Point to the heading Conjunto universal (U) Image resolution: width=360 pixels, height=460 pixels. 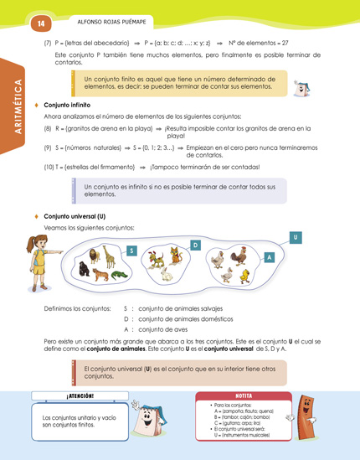[x=75, y=216]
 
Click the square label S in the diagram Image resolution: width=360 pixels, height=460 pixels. [x=131, y=251]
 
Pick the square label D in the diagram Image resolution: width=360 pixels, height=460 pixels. [x=194, y=245]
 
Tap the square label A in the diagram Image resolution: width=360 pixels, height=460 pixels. [x=269, y=257]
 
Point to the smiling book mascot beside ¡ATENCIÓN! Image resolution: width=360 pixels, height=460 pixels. [x=148, y=418]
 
